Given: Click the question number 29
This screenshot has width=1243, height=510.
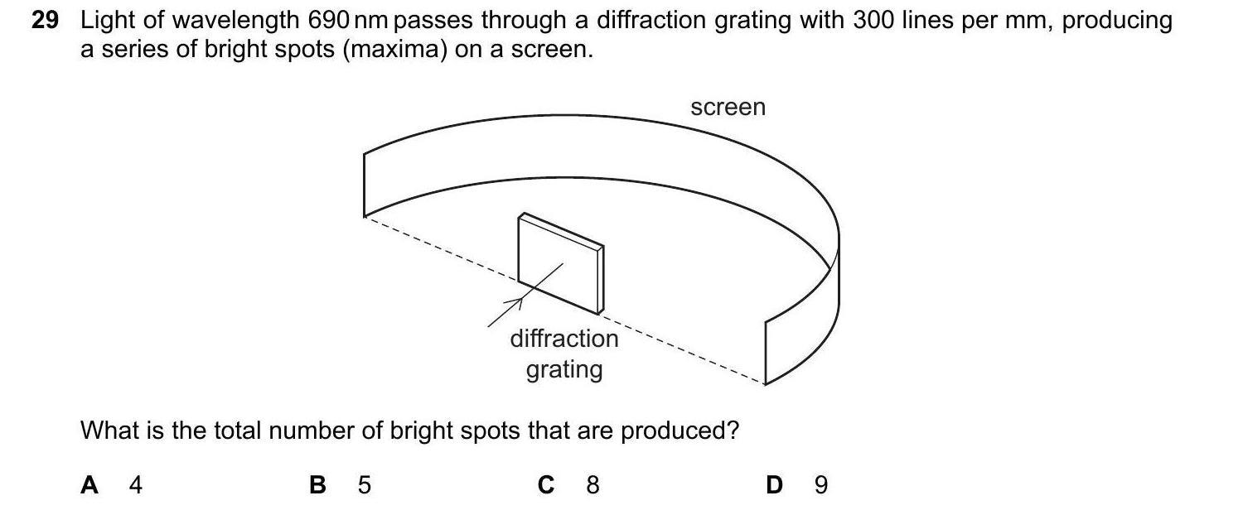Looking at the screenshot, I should (45, 21).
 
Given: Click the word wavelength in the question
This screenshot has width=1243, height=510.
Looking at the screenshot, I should (231, 21).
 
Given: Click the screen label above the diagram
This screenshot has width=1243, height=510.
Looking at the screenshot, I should (728, 108).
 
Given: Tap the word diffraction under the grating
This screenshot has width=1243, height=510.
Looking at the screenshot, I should (563, 339).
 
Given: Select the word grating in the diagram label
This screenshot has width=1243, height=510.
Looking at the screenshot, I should (563, 368).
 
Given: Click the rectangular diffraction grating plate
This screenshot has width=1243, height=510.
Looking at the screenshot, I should (559, 263).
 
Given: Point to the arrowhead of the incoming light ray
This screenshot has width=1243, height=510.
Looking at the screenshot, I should (520, 301).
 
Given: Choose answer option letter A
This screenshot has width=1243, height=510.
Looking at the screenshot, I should (89, 485).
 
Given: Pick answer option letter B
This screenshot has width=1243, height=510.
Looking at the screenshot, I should (317, 485).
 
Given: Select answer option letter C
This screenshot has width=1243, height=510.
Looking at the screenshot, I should (546, 485).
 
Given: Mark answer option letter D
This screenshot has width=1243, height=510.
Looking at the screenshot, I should (775, 485).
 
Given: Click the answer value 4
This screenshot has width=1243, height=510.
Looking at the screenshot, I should (136, 485).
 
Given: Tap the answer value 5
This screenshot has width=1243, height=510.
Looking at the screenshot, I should (364, 485).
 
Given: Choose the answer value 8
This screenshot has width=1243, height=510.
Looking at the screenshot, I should (592, 485).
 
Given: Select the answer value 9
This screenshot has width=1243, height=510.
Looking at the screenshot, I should (820, 485).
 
